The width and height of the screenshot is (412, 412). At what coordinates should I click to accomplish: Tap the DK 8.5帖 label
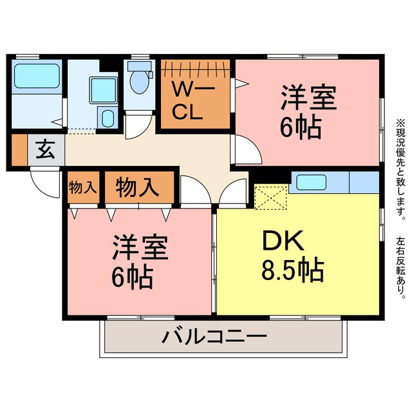click(292, 256)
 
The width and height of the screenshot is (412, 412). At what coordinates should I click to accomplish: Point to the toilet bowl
click(138, 80)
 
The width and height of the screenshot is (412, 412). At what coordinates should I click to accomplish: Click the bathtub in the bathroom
click(37, 77)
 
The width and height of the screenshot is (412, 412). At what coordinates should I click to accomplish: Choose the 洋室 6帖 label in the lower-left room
click(140, 262)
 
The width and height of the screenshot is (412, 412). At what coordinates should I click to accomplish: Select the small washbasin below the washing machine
click(108, 118)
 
